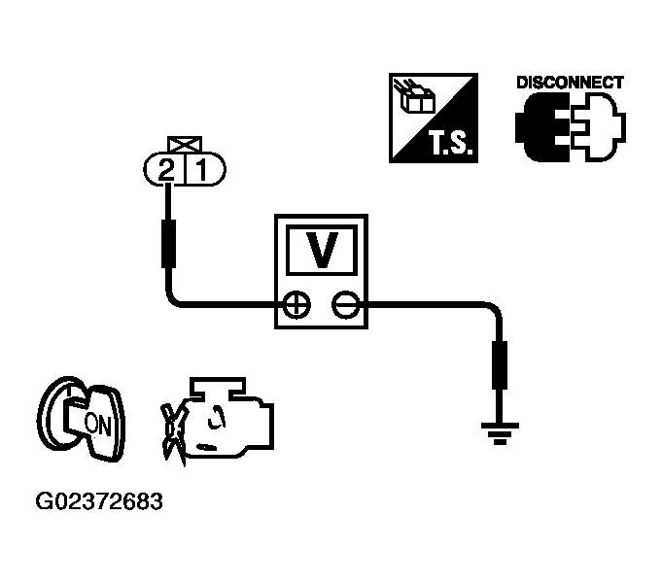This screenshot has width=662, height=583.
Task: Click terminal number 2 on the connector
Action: point(166,171)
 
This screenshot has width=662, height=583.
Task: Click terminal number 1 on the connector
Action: point(202,170)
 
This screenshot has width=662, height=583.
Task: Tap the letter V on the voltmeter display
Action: point(322,250)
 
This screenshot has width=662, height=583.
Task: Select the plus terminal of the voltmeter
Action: point(296,304)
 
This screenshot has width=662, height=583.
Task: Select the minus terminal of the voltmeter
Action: point(346,304)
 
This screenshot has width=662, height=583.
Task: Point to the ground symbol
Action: point(500,433)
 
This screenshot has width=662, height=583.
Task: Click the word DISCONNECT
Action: point(570,83)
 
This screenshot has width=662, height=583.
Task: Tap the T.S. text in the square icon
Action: point(449,143)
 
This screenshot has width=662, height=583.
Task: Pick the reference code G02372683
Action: point(99,501)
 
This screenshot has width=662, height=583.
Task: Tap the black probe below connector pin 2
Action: point(168,244)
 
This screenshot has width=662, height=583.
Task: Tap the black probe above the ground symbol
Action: point(500,365)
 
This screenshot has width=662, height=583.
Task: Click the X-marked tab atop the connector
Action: point(185,144)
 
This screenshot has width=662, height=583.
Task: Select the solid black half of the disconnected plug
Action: point(542,127)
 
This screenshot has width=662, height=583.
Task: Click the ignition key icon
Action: point(81,419)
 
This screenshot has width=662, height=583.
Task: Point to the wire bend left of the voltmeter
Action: point(173,298)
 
